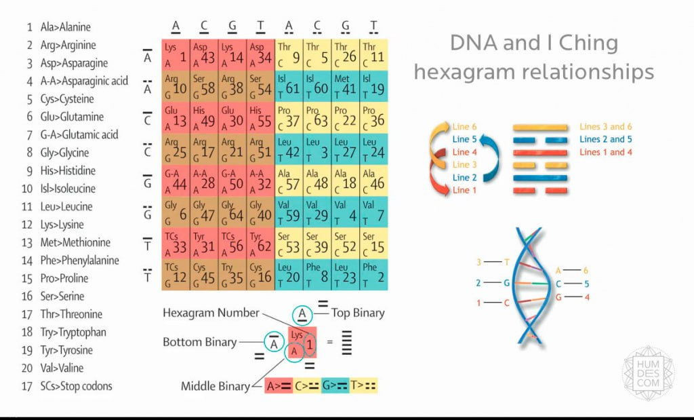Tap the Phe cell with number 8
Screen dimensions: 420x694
(x=317, y=274)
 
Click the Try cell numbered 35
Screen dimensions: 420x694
(x=232, y=274)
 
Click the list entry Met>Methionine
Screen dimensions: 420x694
(x=75, y=242)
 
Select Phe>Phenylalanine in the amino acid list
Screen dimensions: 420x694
(x=80, y=260)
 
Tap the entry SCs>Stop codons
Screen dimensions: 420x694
(x=76, y=386)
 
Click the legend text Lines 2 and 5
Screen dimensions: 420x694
(x=607, y=140)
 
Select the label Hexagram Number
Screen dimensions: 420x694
(x=211, y=313)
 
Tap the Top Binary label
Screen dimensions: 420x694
(x=357, y=313)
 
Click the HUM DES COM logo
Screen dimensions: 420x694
(x=648, y=373)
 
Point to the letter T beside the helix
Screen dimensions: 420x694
(x=506, y=262)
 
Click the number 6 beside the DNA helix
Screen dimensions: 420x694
(x=586, y=270)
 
